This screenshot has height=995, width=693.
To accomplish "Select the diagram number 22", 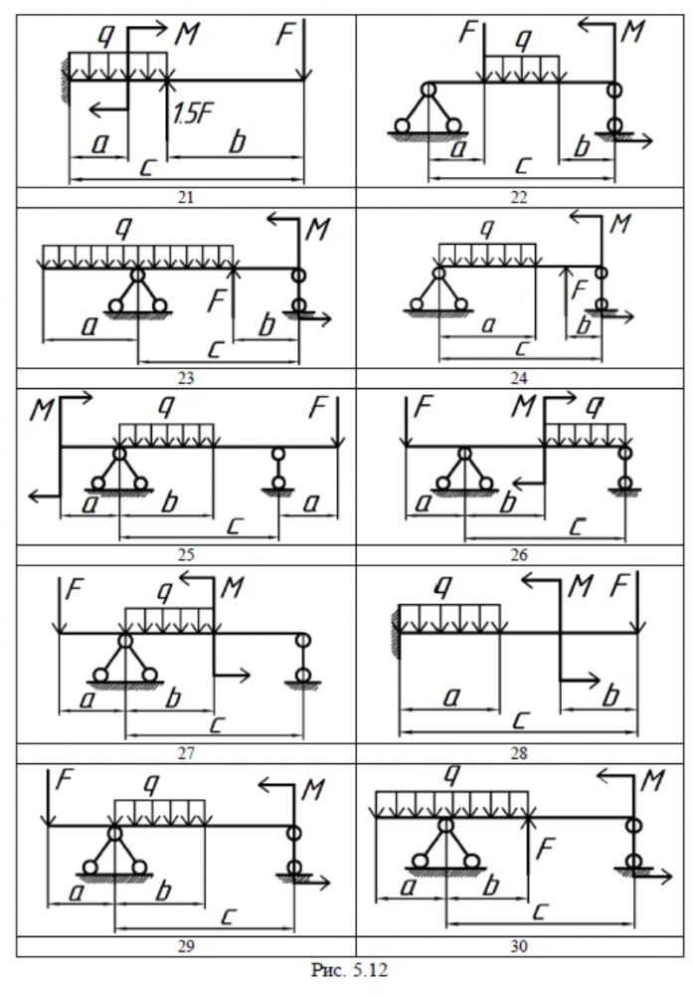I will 518,197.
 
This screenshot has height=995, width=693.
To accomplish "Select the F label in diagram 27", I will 73,590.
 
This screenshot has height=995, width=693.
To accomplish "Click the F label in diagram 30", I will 544,848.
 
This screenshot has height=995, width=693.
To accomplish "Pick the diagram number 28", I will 518,753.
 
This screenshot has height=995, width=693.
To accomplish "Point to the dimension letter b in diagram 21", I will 236,143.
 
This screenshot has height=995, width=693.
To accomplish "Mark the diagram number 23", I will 186,377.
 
